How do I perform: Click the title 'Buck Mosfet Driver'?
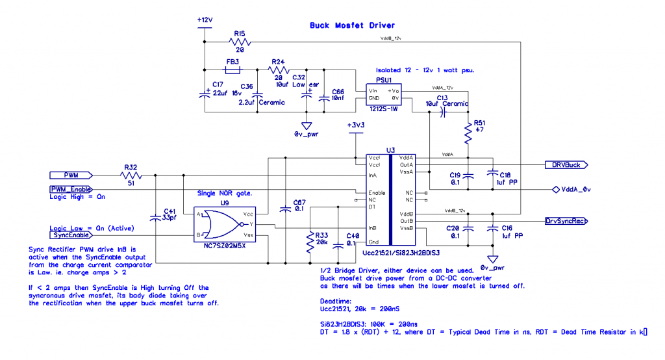coord(352,26)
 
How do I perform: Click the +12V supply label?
coord(205,20)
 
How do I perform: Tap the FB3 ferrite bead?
coord(232,69)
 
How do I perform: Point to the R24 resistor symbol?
coord(279,69)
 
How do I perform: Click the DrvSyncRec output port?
coord(566,221)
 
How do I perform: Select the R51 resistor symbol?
coord(468,133)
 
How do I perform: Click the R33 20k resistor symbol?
coord(310,242)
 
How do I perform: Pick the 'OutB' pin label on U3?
coord(407,221)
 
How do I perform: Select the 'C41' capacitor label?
coord(170,211)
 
